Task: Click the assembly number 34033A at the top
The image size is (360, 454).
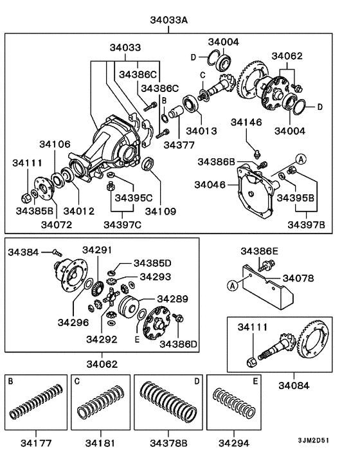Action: click(x=169, y=21)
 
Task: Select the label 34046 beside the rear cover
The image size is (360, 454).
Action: click(x=211, y=185)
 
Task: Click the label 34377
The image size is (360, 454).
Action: click(x=179, y=145)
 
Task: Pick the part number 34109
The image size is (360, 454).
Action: click(x=161, y=210)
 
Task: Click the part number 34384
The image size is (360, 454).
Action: click(x=23, y=251)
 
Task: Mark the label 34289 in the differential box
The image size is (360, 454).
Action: click(x=174, y=299)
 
